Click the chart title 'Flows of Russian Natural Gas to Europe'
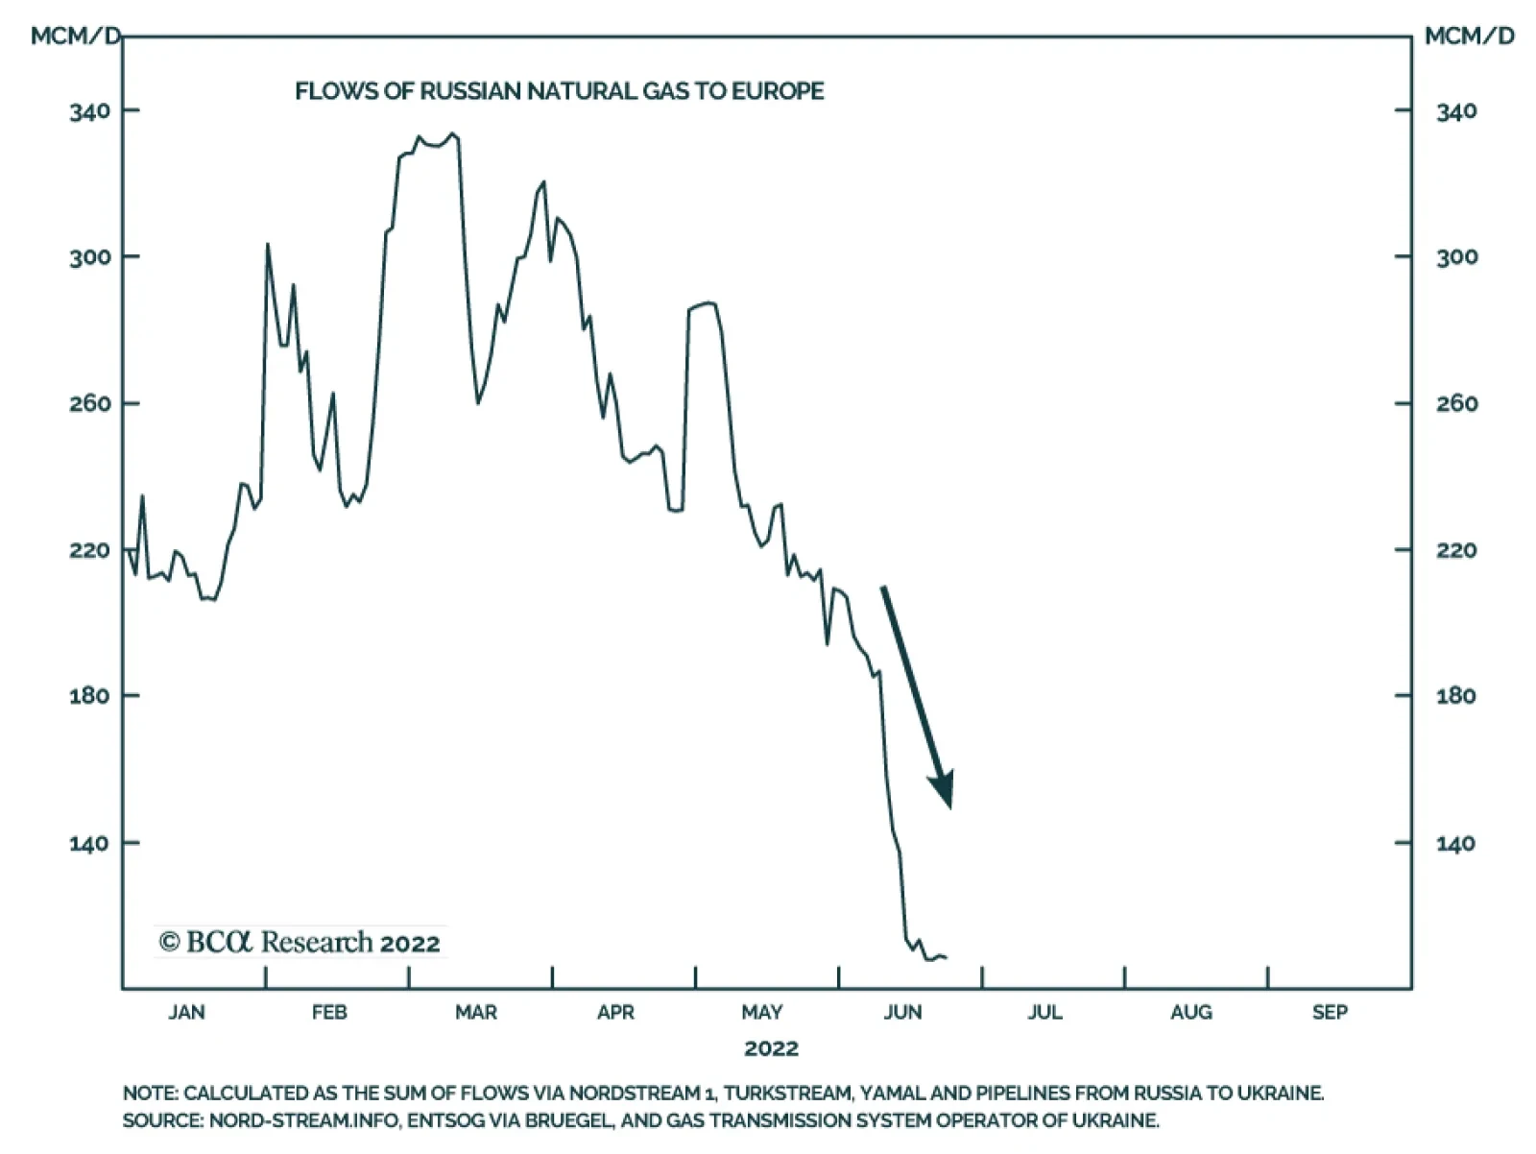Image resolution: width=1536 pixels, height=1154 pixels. pos(559,91)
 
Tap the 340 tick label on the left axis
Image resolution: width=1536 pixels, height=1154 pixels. pos(89,111)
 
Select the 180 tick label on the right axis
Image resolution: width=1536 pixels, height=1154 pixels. pos(1455,696)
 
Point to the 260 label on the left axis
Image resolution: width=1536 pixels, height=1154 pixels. pos(89,403)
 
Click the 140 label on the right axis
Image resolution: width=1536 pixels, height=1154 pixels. pos(1455,844)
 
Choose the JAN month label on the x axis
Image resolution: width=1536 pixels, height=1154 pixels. pos(186,1012)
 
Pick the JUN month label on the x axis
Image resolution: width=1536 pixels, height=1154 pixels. pos(902,1012)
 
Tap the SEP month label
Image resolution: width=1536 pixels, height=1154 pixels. pos(1330,1012)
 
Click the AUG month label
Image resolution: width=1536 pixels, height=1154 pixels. pos(1190,1012)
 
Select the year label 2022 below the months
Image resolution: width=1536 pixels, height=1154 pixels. pos(771,1047)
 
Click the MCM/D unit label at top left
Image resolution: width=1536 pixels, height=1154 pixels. pos(76,36)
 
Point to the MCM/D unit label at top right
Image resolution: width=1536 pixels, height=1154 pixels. pos(1469,36)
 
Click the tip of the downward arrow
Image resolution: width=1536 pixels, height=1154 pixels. pos(949,806)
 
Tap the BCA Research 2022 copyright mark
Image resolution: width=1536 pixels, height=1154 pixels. pos(300,943)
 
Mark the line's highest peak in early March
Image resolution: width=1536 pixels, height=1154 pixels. pos(453,134)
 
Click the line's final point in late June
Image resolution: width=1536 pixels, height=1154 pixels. pos(946,957)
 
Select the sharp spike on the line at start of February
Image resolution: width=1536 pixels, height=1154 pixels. pos(268,245)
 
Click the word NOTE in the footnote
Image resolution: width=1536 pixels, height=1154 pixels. pos(149,1094)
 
